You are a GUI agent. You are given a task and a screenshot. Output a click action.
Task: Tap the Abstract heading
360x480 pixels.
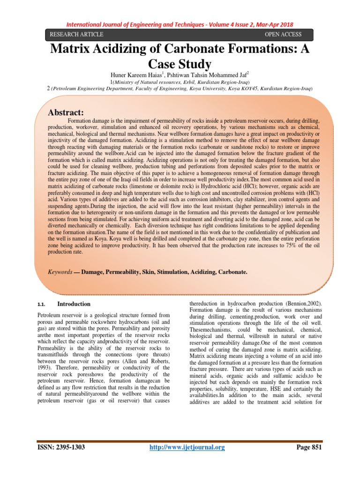[x=66, y=112]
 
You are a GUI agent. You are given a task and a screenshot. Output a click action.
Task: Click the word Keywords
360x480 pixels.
[x=60, y=272]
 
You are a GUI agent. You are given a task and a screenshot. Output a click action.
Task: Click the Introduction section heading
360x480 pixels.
[x=74, y=304]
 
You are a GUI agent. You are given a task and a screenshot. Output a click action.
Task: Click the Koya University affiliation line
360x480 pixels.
[x=180, y=88]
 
